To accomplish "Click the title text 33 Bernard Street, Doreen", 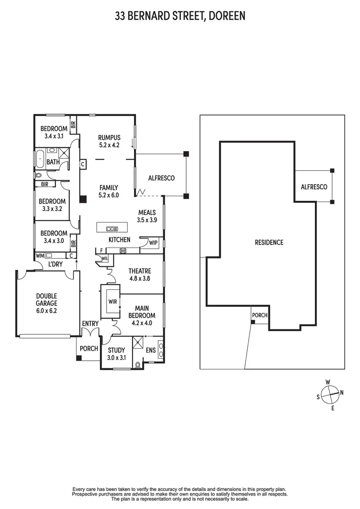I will click(180, 16).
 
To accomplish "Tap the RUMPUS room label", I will click(108, 141).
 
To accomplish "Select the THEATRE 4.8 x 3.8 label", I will click(140, 274).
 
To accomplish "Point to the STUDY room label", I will click(116, 354).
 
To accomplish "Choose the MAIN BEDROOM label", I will click(142, 312).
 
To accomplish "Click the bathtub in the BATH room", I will click(39, 159).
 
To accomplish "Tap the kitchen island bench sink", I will click(112, 228).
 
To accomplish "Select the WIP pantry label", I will click(154, 243).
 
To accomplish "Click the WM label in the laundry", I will click(39, 256).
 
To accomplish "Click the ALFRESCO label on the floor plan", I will click(161, 178).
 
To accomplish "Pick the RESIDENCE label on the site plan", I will click(269, 242).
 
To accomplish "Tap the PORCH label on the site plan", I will click(260, 315).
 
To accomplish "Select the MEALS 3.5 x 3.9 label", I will click(147, 216).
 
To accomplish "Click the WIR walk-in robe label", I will click(113, 302).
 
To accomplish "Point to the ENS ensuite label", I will click(151, 351).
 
